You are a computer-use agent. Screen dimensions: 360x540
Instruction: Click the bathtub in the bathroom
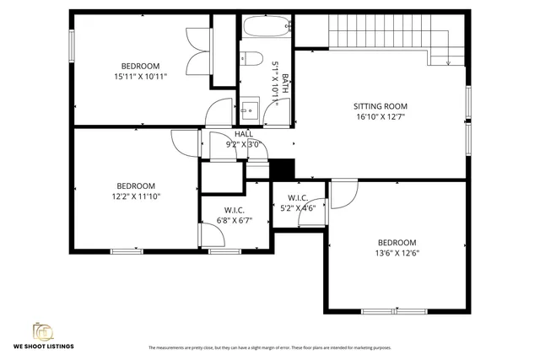coord(266,28)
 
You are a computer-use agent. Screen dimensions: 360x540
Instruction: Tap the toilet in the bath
coord(251,58)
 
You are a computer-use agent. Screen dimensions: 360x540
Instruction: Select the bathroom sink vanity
coord(250,108)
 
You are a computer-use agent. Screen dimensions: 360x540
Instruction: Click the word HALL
coord(244,134)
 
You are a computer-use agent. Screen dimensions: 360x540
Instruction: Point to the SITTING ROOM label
coord(380,106)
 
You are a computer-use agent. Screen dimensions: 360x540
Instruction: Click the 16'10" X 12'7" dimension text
coord(380,117)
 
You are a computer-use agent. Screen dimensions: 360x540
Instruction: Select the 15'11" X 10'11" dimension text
coord(140,77)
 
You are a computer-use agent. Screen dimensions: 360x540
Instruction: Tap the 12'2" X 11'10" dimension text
coord(136,196)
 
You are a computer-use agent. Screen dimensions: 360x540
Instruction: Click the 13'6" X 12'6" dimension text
coord(397,252)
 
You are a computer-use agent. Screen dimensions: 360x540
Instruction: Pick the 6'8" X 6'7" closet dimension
coord(235,220)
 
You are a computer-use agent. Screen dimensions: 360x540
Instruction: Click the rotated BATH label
coord(285,84)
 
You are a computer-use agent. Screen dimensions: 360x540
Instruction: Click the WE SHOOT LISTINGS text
coord(43,347)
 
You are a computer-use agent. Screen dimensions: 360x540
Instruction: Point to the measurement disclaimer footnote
coord(269,347)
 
